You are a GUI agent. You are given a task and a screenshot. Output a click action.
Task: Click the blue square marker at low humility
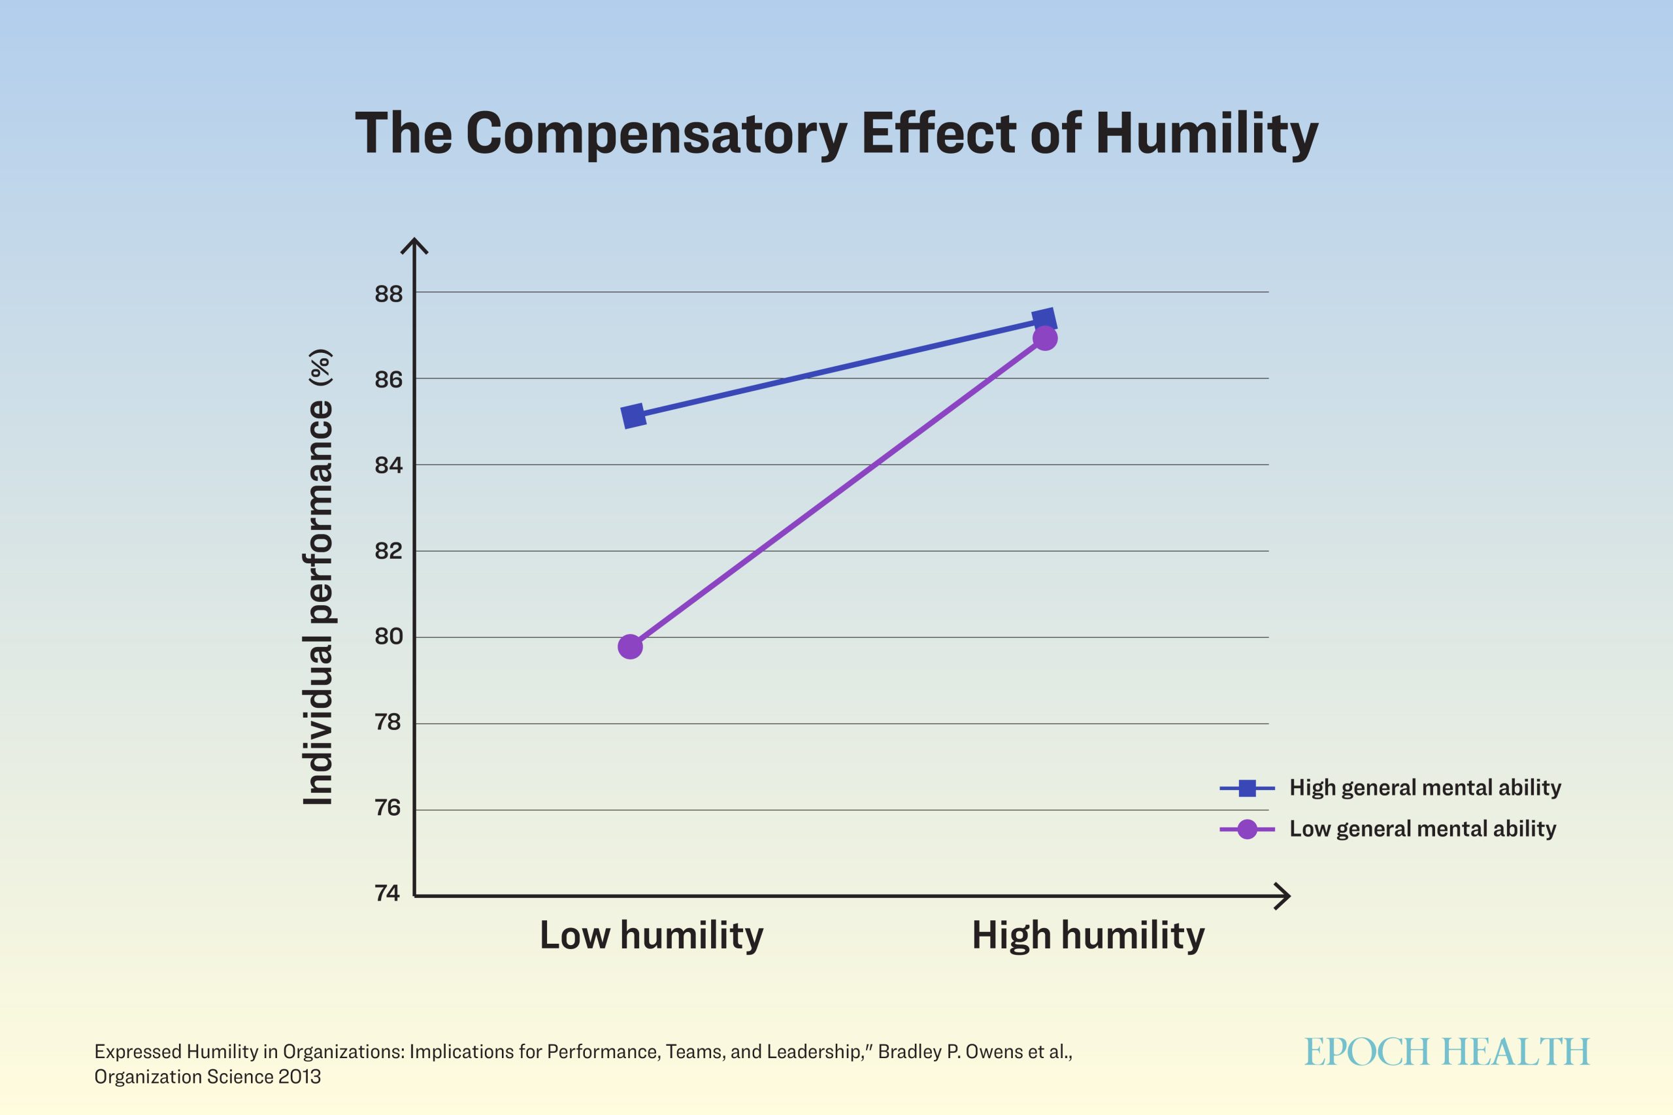pyautogui.click(x=633, y=416)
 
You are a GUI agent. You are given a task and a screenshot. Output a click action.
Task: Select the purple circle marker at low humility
pyautogui.click(x=630, y=647)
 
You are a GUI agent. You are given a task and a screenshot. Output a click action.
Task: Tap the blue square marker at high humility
pyautogui.click(x=1044, y=321)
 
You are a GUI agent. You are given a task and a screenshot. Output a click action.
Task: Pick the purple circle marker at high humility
pyautogui.click(x=1044, y=339)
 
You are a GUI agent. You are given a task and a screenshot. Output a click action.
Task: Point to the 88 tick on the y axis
pyautogui.click(x=388, y=293)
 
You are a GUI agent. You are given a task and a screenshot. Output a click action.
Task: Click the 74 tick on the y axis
pyautogui.click(x=388, y=893)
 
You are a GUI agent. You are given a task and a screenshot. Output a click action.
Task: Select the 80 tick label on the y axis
pyautogui.click(x=388, y=637)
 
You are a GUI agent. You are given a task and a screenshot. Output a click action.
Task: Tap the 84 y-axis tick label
pyautogui.click(x=388, y=465)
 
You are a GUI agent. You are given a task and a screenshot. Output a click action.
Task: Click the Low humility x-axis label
pyautogui.click(x=652, y=935)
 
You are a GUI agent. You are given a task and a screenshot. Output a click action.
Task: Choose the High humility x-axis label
pyautogui.click(x=1088, y=935)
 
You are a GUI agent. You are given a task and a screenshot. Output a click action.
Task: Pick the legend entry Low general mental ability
pyautogui.click(x=1423, y=829)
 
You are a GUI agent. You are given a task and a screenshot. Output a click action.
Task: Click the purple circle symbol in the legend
pyautogui.click(x=1246, y=829)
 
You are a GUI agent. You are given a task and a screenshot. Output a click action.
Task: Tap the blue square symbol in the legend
pyautogui.click(x=1246, y=788)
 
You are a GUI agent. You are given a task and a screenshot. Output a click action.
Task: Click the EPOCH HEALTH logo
pyautogui.click(x=1447, y=1052)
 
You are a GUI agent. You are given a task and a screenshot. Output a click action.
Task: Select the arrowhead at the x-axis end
pyautogui.click(x=1282, y=897)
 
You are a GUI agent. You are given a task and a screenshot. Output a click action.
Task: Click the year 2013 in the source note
pyautogui.click(x=299, y=1076)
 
